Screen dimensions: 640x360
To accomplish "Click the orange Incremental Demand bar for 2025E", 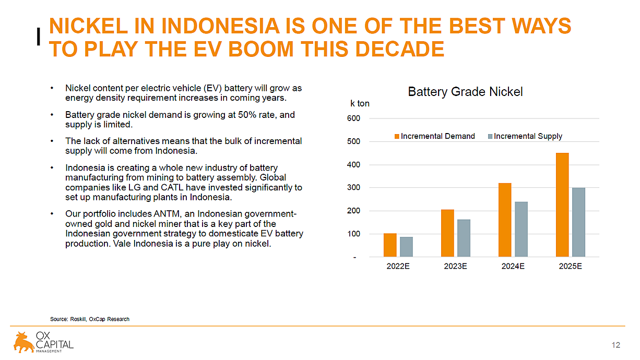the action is [x=562, y=205].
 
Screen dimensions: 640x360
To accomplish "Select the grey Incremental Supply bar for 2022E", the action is [x=406, y=247].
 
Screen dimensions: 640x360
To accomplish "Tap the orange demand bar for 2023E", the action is [x=447, y=233].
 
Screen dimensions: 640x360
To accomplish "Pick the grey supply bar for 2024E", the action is [x=521, y=229].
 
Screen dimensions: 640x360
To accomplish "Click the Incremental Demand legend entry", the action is [x=434, y=136].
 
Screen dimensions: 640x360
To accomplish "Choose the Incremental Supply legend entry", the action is [x=525, y=136].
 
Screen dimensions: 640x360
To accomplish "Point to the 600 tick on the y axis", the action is [x=353, y=118].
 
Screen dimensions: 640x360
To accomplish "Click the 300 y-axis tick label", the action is [x=353, y=188].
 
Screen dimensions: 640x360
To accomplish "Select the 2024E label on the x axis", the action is [x=513, y=266].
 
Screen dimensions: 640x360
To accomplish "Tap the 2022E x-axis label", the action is [x=398, y=266].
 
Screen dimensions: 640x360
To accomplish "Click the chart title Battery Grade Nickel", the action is [x=465, y=92].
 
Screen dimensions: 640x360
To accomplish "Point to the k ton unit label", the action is [x=360, y=103].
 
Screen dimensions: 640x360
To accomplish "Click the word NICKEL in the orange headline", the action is [x=88, y=26].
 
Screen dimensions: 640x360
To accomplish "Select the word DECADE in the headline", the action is [x=400, y=49].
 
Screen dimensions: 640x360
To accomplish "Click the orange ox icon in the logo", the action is [x=23, y=342].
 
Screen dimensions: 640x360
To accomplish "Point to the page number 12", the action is [x=615, y=345].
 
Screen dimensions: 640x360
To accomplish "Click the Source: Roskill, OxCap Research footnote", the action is [x=90, y=319].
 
